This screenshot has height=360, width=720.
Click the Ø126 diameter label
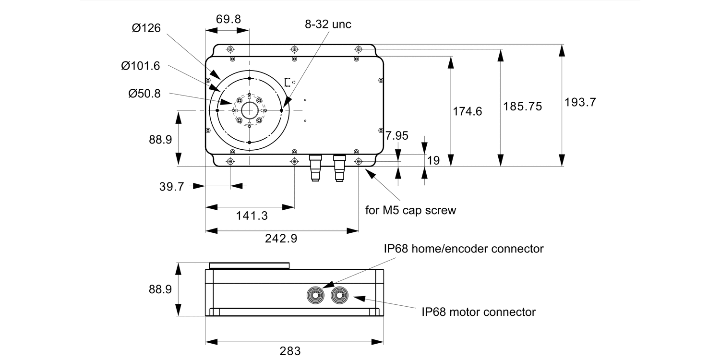click(146, 28)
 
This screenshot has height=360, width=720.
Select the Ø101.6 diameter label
click(140, 66)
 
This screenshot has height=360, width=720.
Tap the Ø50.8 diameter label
click(144, 94)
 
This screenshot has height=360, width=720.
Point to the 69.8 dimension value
click(228, 19)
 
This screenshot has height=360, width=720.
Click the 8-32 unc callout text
click(328, 24)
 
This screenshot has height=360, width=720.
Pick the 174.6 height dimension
click(468, 111)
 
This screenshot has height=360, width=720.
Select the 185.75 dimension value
click(523, 106)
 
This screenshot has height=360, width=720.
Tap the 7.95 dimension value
click(397, 136)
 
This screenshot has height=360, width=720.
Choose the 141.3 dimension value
click(252, 216)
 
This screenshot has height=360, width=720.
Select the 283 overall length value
click(290, 351)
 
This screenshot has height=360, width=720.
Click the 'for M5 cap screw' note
click(410, 210)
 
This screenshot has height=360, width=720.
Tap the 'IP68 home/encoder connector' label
click(463, 249)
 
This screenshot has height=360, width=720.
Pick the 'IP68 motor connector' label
click(479, 312)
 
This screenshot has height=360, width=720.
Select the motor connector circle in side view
click(340, 294)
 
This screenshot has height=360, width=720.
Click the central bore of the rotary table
click(249, 110)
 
